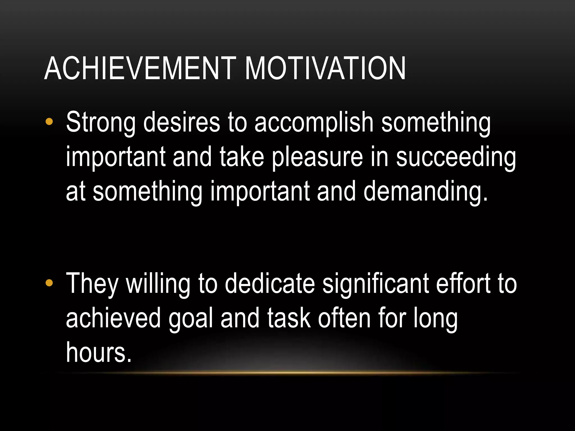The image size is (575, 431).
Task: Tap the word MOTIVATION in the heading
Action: tap(325, 68)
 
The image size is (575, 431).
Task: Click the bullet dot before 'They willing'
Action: tap(49, 283)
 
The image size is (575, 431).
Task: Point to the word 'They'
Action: tap(92, 284)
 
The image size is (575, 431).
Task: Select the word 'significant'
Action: tap(376, 284)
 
